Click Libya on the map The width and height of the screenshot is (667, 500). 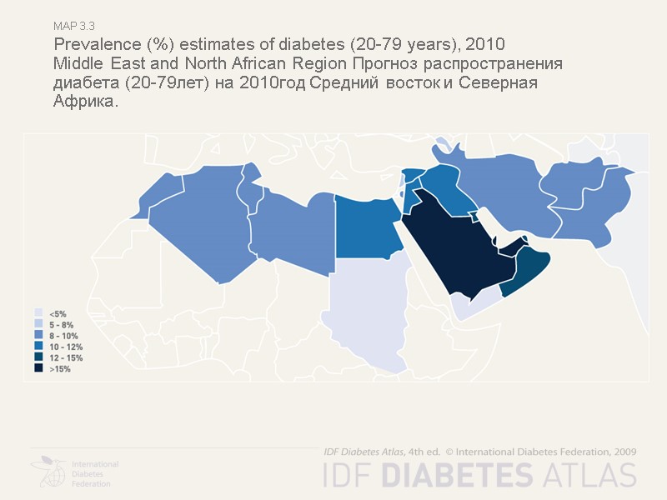click(292, 233)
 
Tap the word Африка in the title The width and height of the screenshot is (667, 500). click(84, 102)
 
